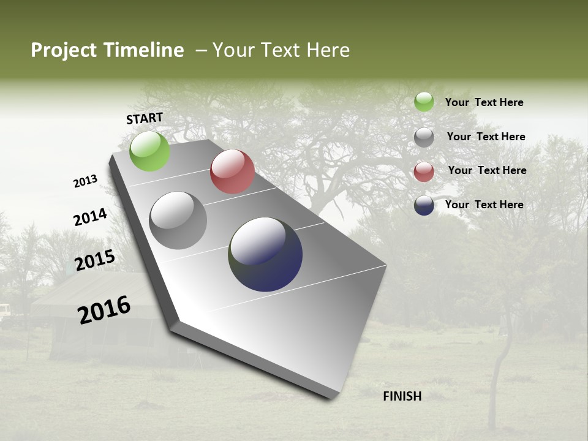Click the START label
pyautogui.click(x=145, y=118)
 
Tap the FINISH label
pyautogui.click(x=402, y=396)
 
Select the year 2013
pyautogui.click(x=85, y=181)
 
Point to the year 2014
pyautogui.click(x=90, y=217)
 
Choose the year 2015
pyautogui.click(x=95, y=260)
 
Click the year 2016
pyautogui.click(x=104, y=310)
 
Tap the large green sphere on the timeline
pyautogui.click(x=149, y=151)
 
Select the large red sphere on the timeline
pyautogui.click(x=232, y=171)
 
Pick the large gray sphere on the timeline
pyautogui.click(x=178, y=221)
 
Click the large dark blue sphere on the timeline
pyautogui.click(x=265, y=254)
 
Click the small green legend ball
pyautogui.click(x=424, y=102)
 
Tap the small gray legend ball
pyautogui.click(x=424, y=137)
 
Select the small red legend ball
pyautogui.click(x=424, y=171)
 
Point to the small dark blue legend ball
pyautogui.click(x=424, y=205)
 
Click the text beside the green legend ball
pyautogui.click(x=484, y=102)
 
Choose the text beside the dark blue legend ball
pyautogui.click(x=484, y=205)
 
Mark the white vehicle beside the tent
pyautogui.click(x=4, y=312)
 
